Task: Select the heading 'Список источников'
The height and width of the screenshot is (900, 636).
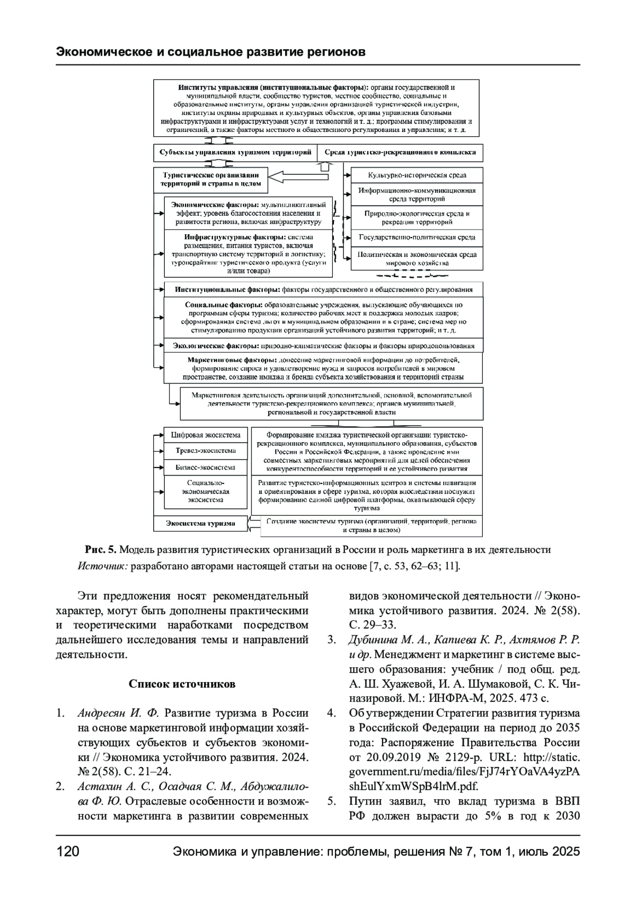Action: [x=182, y=684]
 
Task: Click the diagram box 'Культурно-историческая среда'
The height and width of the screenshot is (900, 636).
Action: [x=417, y=175]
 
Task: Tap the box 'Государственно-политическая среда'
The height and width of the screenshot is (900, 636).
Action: [x=417, y=237]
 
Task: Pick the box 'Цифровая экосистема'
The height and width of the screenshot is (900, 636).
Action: [x=205, y=435]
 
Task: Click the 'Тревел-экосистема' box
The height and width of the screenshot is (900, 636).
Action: [x=205, y=451]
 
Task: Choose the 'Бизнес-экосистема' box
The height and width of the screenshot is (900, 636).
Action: [x=205, y=467]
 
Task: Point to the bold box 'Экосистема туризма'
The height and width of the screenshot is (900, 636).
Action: [x=200, y=523]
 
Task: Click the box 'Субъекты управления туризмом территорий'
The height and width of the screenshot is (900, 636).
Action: [x=235, y=153]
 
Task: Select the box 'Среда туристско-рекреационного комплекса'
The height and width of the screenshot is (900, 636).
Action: [x=400, y=153]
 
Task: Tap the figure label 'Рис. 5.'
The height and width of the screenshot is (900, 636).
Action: [x=100, y=550]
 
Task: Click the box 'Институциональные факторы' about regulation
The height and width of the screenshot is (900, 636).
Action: [x=323, y=290]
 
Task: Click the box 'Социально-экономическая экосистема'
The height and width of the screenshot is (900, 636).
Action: [x=205, y=491]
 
